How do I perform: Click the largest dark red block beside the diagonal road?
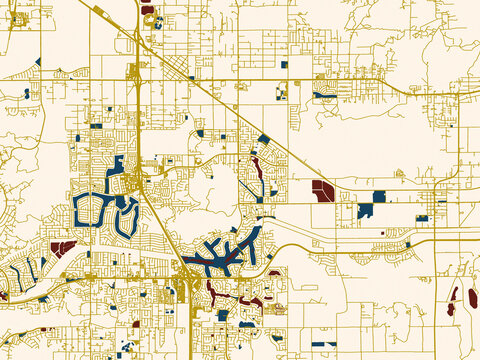pyautogui.click(x=323, y=190)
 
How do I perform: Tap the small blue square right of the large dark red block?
pyautogui.click(x=379, y=196)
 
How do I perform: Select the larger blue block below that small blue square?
pyautogui.click(x=365, y=211)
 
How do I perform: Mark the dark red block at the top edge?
pyautogui.click(x=148, y=10)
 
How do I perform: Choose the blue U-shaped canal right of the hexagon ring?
pyautogui.click(x=127, y=216)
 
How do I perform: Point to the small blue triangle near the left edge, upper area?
pyautogui.click(x=38, y=62)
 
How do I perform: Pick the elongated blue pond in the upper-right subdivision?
pyautogui.click(x=326, y=96)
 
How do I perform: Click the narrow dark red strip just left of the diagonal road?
pyautogui.click(x=257, y=170)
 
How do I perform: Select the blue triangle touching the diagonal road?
pyautogui.click(x=263, y=139)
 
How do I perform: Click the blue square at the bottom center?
pyautogui.click(x=223, y=316)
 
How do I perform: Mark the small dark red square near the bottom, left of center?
pyautogui.click(x=136, y=324)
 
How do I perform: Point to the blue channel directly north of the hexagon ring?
pyautogui.click(x=118, y=165)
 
